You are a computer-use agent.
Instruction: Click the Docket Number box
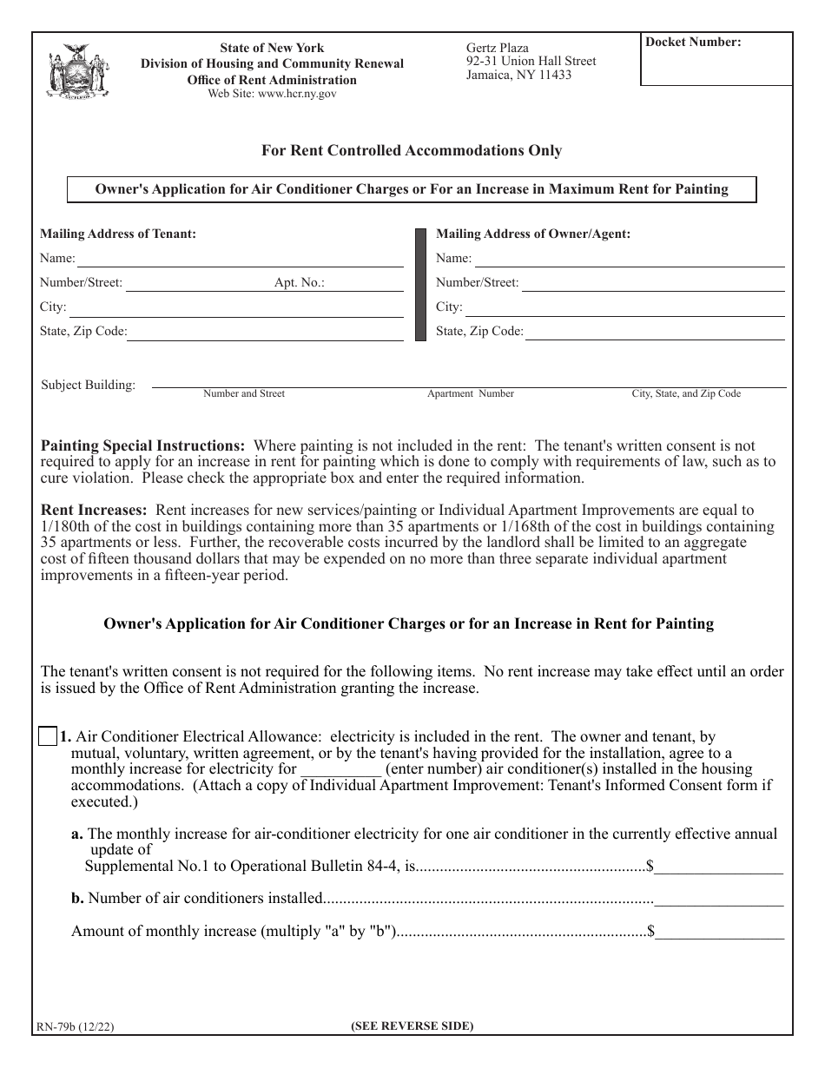click(x=716, y=61)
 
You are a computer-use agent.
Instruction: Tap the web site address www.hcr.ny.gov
click(x=272, y=94)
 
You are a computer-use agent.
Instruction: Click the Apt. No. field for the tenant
click(x=365, y=283)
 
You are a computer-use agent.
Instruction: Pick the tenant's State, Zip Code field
click(x=265, y=332)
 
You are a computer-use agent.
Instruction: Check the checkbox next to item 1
click(x=49, y=736)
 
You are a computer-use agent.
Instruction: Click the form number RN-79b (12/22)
click(x=75, y=1025)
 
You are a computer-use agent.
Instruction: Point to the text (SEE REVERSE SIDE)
click(x=412, y=1025)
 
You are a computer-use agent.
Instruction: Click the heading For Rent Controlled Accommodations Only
click(x=412, y=150)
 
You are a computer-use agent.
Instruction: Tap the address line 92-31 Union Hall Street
click(x=531, y=62)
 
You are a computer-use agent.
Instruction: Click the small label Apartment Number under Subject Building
click(x=470, y=393)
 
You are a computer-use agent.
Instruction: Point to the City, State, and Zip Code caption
click(x=685, y=393)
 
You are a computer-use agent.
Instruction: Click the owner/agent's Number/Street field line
click(x=652, y=283)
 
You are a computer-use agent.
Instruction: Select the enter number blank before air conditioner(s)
click(x=340, y=769)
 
